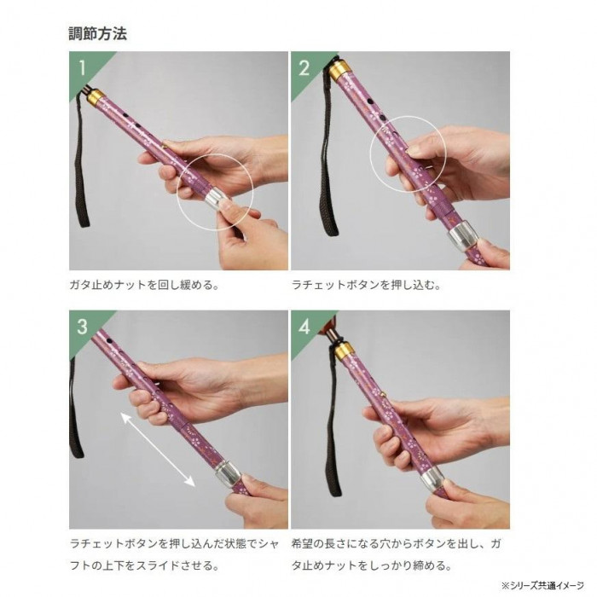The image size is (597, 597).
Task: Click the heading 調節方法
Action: [x=97, y=33]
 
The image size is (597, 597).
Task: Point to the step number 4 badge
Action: [x=304, y=327]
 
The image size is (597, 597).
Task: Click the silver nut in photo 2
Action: [x=462, y=237]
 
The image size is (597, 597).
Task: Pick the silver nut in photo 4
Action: [x=433, y=478]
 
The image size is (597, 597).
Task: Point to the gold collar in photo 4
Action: [x=345, y=351]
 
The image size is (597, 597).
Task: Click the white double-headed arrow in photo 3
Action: [x=158, y=449]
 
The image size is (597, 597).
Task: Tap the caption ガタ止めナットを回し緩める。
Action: [x=144, y=285]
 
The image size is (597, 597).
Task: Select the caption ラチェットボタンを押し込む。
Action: [x=366, y=285]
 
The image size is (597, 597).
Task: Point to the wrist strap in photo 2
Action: [x=329, y=153]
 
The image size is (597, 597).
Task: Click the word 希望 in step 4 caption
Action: [x=302, y=543]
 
